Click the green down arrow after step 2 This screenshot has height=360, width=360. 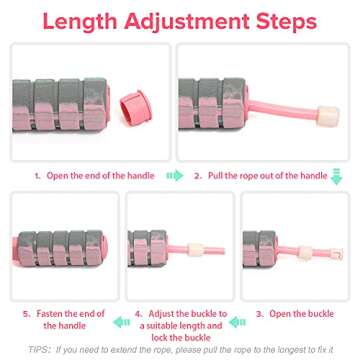[336, 177]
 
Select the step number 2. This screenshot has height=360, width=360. [197, 176]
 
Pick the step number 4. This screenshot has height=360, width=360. [137, 311]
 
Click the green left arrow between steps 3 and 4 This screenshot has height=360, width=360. [237, 322]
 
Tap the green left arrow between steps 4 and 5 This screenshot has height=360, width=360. [119, 322]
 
